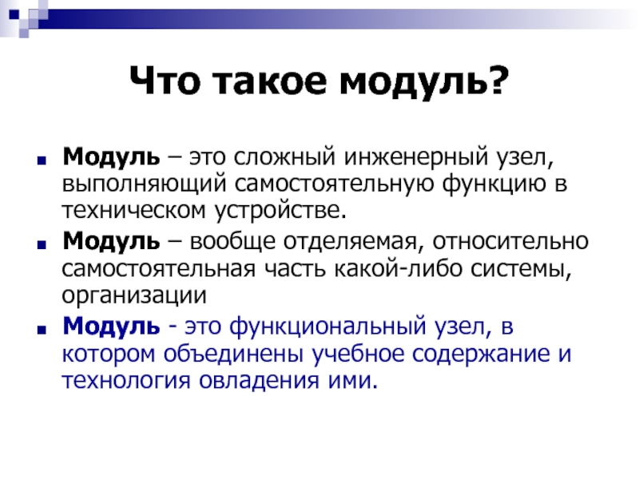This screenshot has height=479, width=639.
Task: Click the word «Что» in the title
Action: (165, 81)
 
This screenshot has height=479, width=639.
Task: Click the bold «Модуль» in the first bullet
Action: (111, 156)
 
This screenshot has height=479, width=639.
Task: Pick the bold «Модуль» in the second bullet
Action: (111, 242)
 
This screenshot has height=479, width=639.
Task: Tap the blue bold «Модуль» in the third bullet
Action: (111, 327)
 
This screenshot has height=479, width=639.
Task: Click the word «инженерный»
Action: (415, 156)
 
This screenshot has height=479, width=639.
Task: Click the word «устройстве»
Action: (280, 212)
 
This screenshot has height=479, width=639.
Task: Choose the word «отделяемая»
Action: (351, 243)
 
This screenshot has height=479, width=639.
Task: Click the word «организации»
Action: (134, 296)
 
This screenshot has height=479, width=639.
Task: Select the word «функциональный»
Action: (327, 327)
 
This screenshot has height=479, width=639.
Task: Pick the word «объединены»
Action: (233, 354)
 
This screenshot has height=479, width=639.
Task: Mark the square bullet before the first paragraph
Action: (42, 160)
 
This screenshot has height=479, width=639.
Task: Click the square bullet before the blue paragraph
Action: (42, 329)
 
